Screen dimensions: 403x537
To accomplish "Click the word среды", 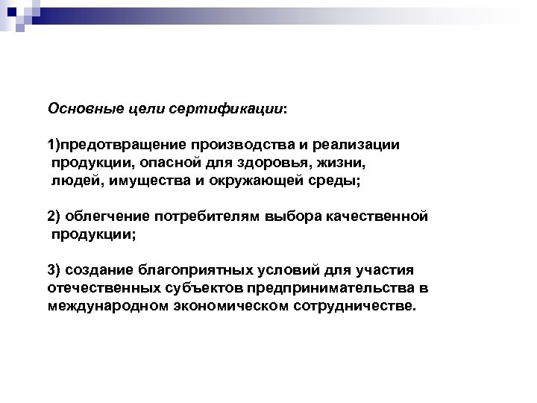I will point(339,180).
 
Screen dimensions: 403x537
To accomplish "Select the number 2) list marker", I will point(54,216).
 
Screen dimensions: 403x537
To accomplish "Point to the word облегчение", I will point(106,216).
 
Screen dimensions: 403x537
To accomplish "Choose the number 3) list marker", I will point(54,270).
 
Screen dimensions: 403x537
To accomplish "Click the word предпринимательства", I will point(321,288).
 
